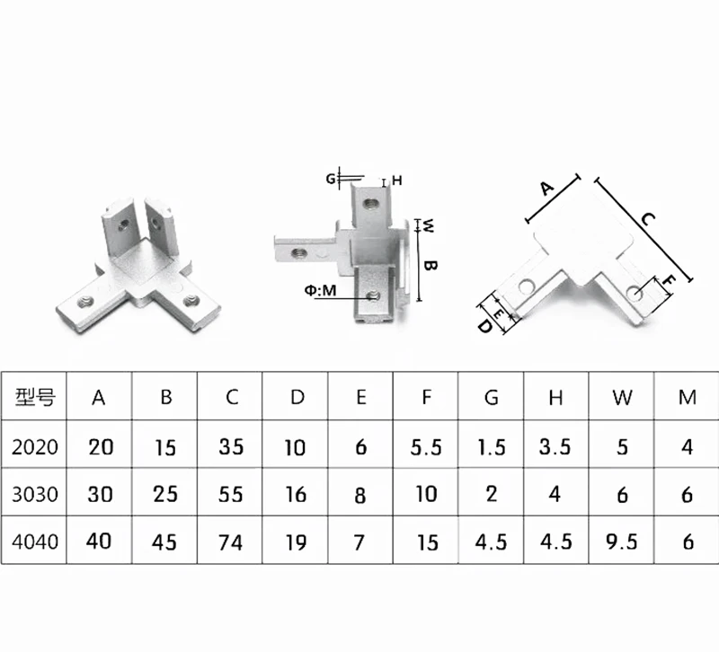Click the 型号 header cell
(x=36, y=396)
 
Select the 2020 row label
(x=36, y=446)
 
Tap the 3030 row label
(x=36, y=494)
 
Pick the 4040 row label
(x=36, y=542)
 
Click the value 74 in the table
(x=231, y=542)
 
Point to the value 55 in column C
(x=231, y=494)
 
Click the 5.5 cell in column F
(x=425, y=446)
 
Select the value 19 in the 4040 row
(x=296, y=542)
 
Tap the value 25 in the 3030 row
(x=165, y=494)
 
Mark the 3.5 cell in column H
(x=555, y=446)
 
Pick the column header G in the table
(x=491, y=396)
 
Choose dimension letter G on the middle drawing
(x=331, y=180)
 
